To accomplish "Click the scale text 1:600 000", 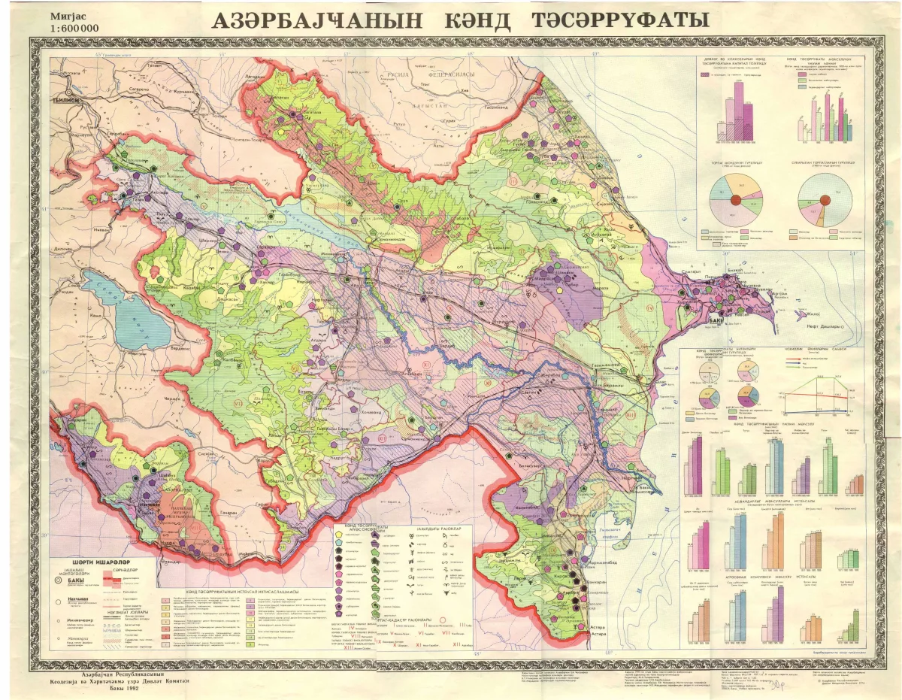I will coord(74,29).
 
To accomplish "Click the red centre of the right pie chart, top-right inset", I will coord(824,198).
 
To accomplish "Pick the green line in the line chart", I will coord(819,388).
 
